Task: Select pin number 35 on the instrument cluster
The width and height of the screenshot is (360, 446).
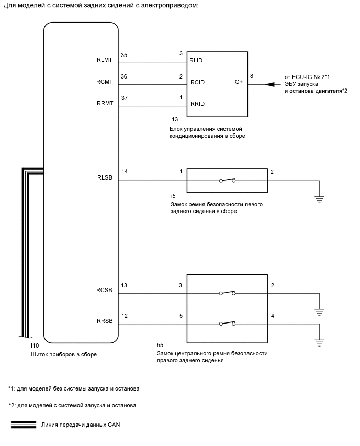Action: pyautogui.click(x=124, y=54)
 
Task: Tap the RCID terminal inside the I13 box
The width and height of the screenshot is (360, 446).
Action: pyautogui.click(x=197, y=82)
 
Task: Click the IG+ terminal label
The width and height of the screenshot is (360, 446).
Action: pyautogui.click(x=239, y=82)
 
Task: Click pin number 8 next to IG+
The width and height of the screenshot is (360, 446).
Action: pyautogui.click(x=253, y=76)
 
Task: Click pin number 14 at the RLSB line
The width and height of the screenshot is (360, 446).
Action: pyautogui.click(x=124, y=172)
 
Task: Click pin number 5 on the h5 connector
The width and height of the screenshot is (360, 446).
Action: pyautogui.click(x=181, y=316)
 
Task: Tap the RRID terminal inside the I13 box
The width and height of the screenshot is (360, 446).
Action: pyautogui.click(x=197, y=104)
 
